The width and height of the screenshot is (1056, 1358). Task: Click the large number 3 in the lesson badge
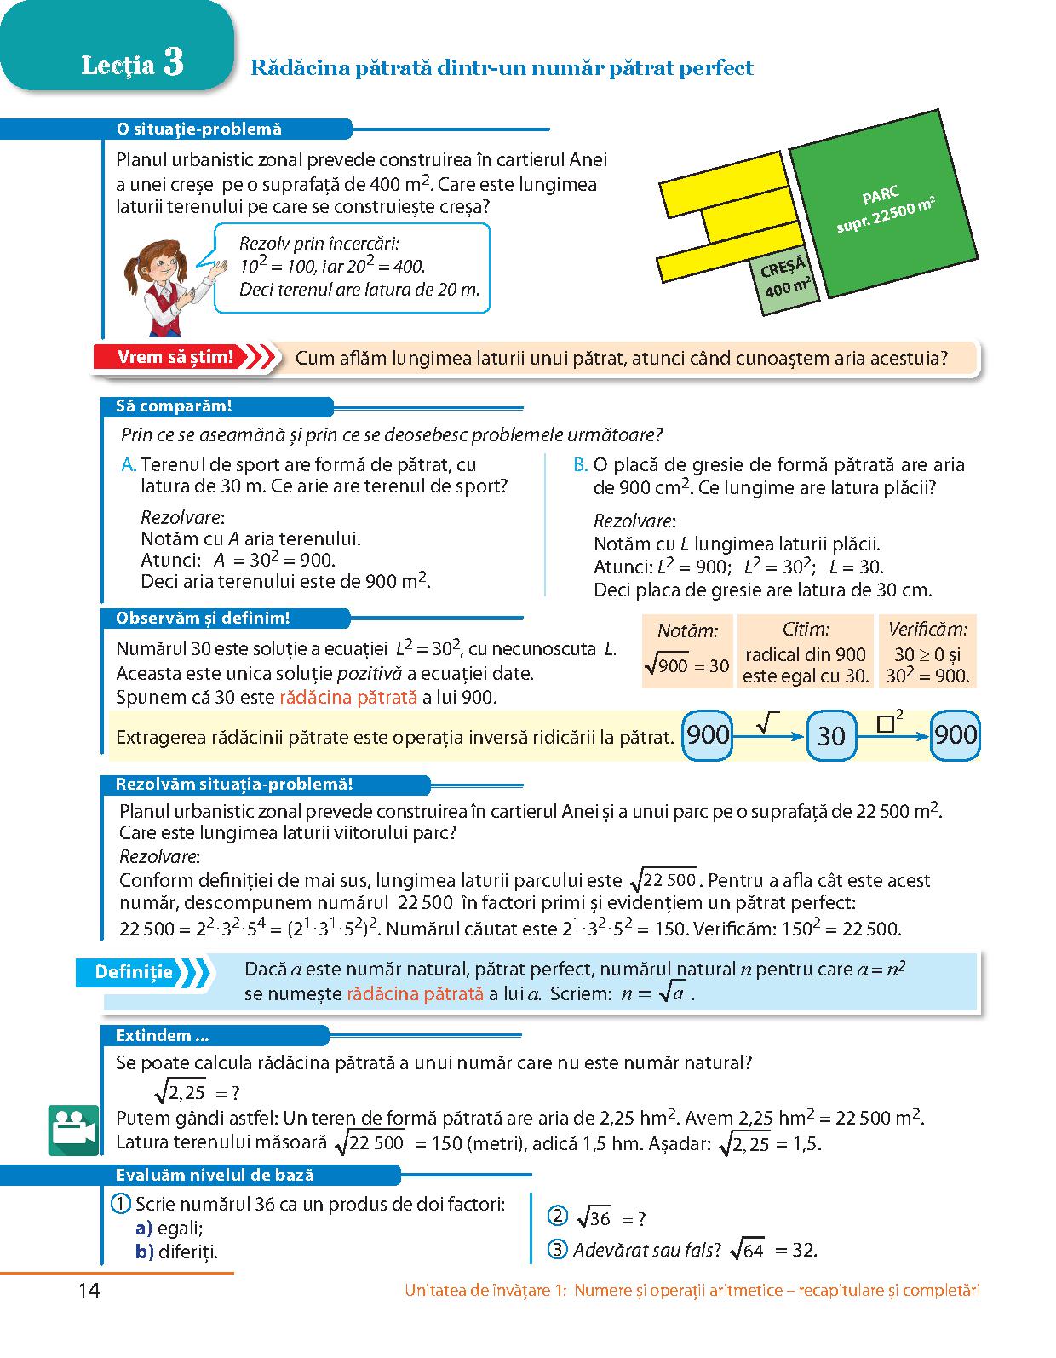(x=173, y=62)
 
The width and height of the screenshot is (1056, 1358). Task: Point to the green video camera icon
(x=73, y=1130)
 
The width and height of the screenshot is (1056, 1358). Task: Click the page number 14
(x=89, y=1291)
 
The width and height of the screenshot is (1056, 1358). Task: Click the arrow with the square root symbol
(x=768, y=727)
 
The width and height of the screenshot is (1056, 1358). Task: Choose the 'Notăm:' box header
(x=687, y=630)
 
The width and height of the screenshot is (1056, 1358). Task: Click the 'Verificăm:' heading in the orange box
(x=927, y=630)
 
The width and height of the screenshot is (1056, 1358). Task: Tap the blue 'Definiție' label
(x=134, y=972)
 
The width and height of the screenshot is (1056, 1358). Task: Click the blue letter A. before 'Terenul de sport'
(x=129, y=465)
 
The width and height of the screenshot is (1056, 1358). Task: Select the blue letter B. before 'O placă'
(x=581, y=465)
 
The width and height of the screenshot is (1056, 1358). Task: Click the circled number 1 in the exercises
(x=121, y=1204)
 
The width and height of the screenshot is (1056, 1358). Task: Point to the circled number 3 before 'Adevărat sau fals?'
(x=558, y=1250)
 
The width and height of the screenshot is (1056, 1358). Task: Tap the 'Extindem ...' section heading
(x=162, y=1036)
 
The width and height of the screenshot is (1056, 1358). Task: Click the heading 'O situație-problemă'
(x=198, y=129)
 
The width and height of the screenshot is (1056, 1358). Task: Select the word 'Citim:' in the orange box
(x=806, y=630)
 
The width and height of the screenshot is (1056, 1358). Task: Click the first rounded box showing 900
(x=707, y=735)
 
